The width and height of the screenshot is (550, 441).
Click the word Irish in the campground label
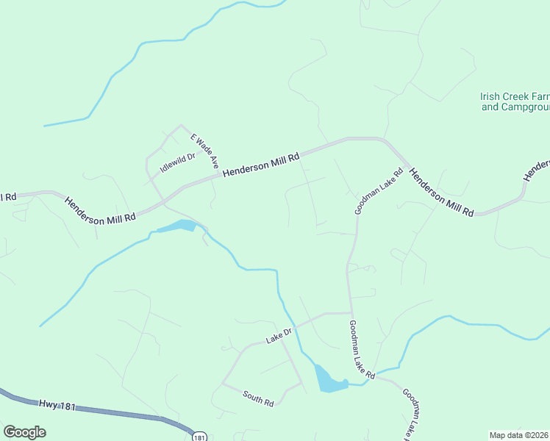490,96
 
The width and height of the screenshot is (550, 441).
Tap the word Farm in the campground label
540,96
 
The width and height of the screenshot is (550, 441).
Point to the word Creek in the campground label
515,96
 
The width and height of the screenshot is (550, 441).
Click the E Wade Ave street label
205,151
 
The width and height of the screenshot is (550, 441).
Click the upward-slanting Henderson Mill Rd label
261,164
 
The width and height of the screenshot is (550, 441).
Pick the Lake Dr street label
279,337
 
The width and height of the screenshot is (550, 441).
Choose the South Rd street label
258,398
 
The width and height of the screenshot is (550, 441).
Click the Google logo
24,432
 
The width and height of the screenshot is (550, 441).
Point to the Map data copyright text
519,435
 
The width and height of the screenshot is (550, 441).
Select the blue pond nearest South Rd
329,381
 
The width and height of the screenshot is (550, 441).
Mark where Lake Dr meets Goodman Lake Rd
349,313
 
